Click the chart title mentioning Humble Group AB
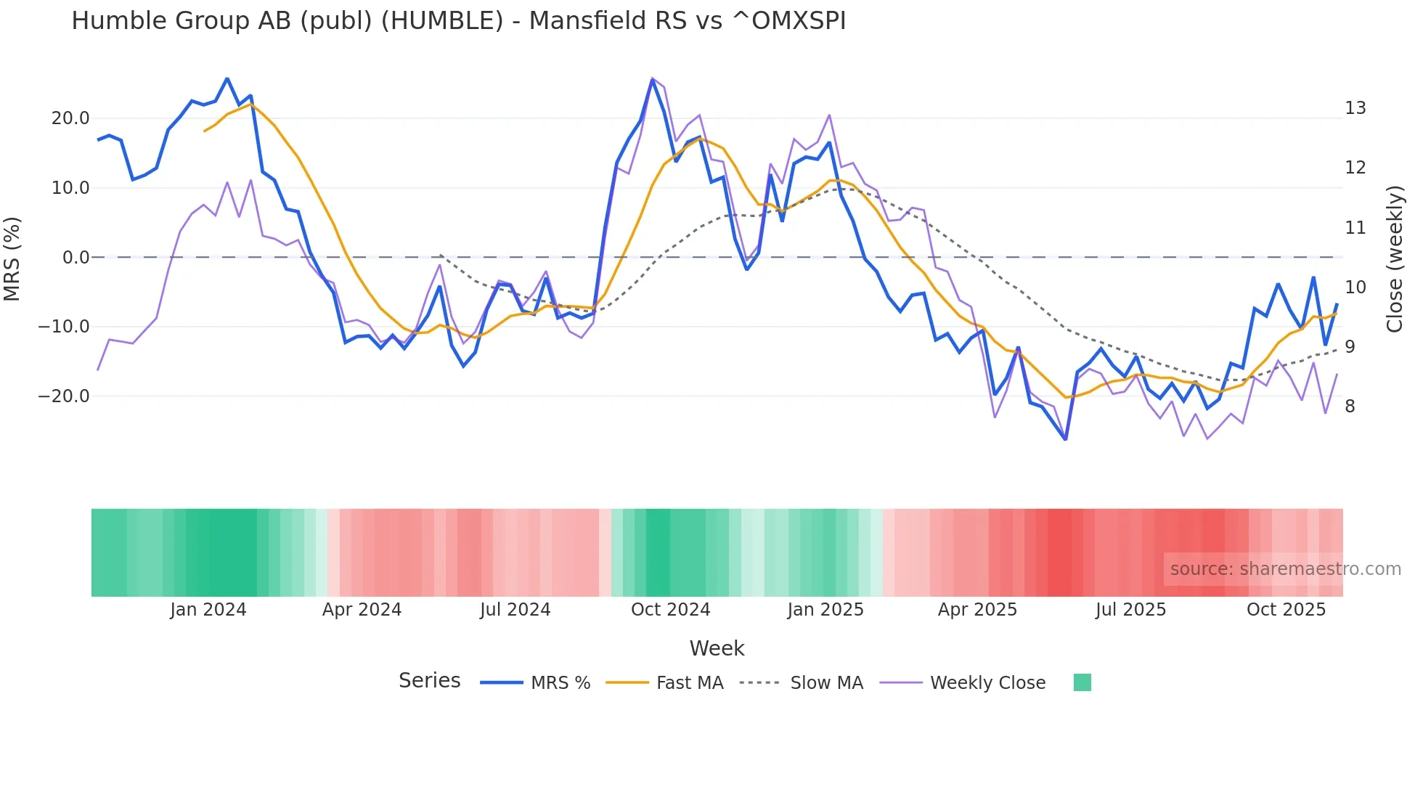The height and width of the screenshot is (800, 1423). point(458,21)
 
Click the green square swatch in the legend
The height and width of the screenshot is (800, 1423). point(1082,682)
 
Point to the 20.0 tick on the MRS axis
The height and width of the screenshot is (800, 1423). point(70,118)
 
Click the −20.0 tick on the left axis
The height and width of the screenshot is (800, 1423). point(64,396)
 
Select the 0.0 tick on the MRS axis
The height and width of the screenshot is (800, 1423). point(76,258)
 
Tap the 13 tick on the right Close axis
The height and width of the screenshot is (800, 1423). point(1355,108)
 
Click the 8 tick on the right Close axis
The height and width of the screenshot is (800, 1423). point(1350,407)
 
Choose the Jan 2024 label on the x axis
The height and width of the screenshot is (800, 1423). point(208,610)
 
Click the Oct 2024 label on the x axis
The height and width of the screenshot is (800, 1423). point(670,610)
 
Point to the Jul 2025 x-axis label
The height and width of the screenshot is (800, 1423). point(1130,610)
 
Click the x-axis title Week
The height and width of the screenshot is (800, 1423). point(717,648)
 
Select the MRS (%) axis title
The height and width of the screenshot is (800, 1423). point(12,258)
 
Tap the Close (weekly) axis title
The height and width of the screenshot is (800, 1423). point(1395,259)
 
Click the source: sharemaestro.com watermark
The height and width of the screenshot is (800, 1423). point(1285,569)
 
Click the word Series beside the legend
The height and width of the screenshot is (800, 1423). point(429,681)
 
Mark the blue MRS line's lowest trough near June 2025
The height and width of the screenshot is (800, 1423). point(1065,439)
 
